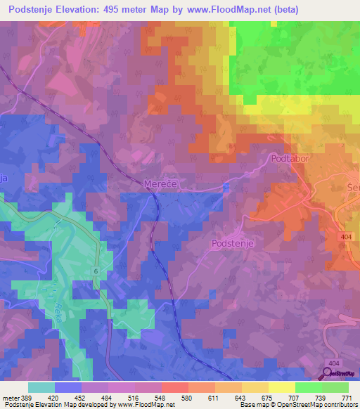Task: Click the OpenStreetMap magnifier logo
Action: click(x=328, y=372)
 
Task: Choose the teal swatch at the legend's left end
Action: click(x=41, y=387)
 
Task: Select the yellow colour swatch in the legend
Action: click(x=281, y=387)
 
